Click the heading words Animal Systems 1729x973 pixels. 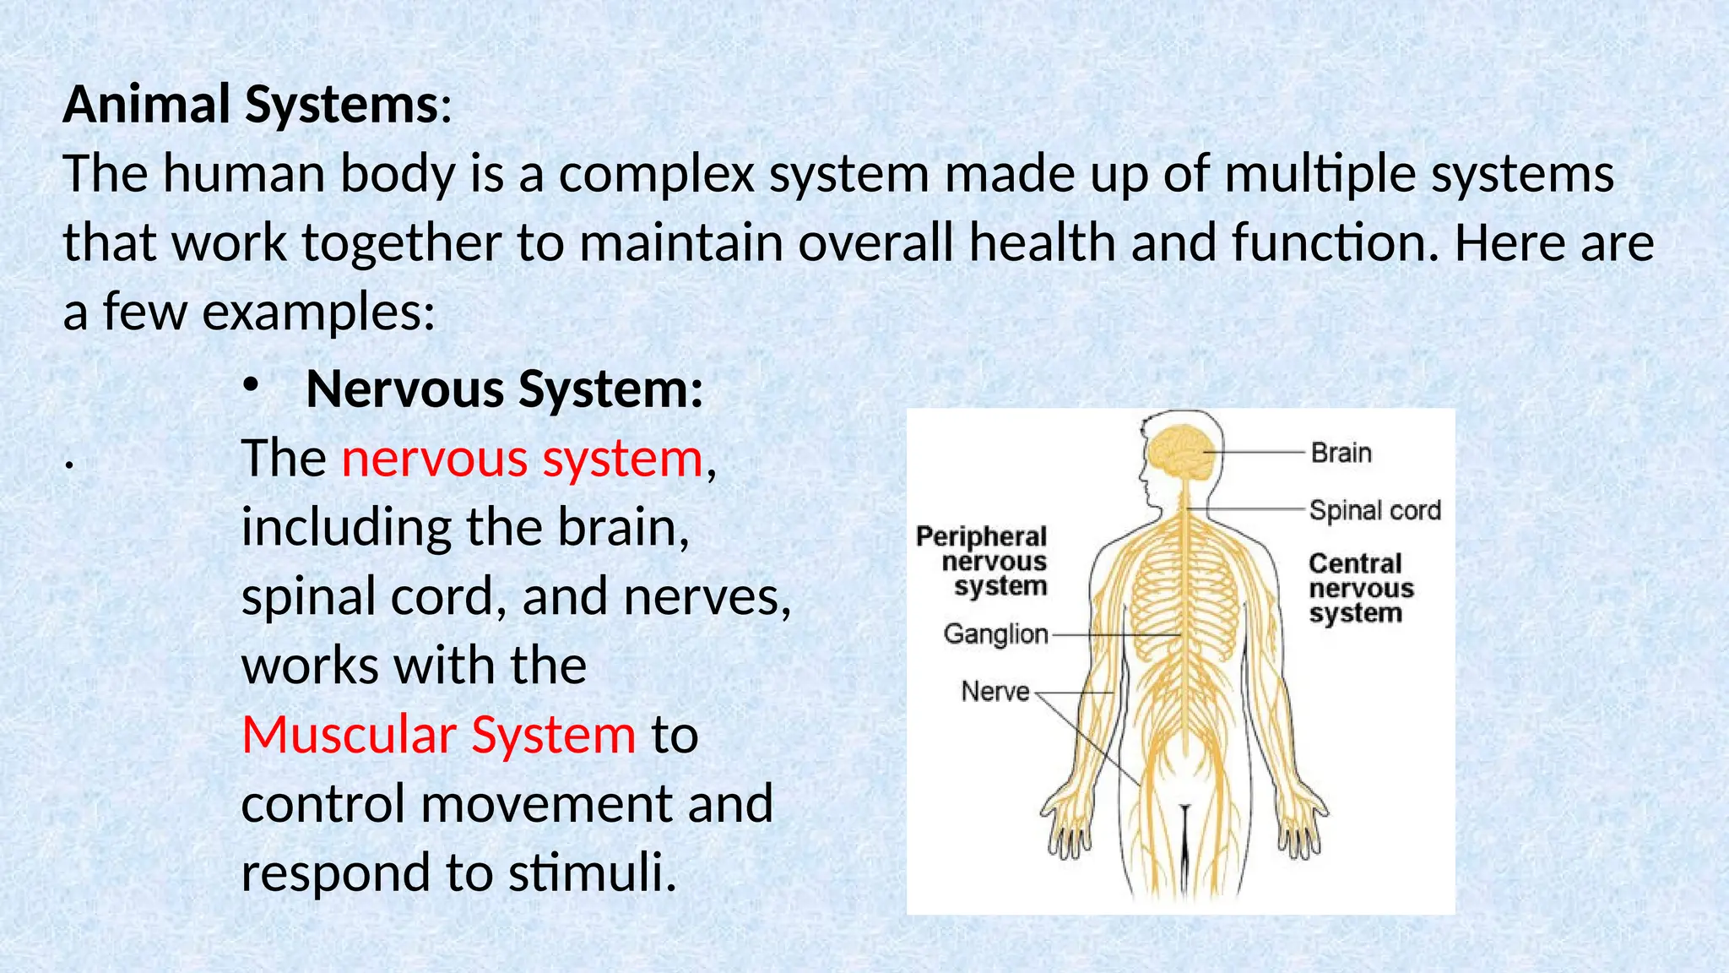coord(251,105)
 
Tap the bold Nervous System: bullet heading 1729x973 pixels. coord(504,389)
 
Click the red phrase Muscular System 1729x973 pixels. coord(438,734)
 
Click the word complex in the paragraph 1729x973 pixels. coord(656,174)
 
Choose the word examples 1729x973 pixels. coord(318,313)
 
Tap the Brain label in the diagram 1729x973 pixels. coord(1341,453)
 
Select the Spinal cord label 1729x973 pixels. coord(1374,510)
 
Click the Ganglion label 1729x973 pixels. coord(995,633)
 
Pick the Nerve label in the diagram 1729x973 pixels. coord(995,692)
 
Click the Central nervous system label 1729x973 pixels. coord(1360,588)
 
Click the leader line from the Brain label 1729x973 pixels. coord(1258,453)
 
